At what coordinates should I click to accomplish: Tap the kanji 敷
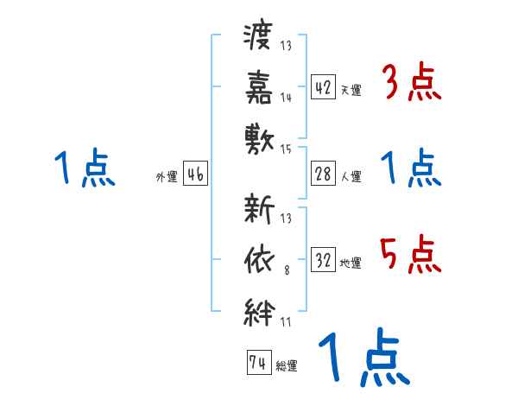(259, 136)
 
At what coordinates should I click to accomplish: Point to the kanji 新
(259, 210)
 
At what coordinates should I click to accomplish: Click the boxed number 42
(323, 87)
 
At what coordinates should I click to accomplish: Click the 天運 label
(351, 90)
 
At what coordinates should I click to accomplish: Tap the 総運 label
(287, 365)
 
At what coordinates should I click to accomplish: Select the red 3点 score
(413, 85)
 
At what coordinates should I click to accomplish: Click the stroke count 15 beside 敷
(287, 149)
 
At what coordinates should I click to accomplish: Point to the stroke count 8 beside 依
(286, 271)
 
